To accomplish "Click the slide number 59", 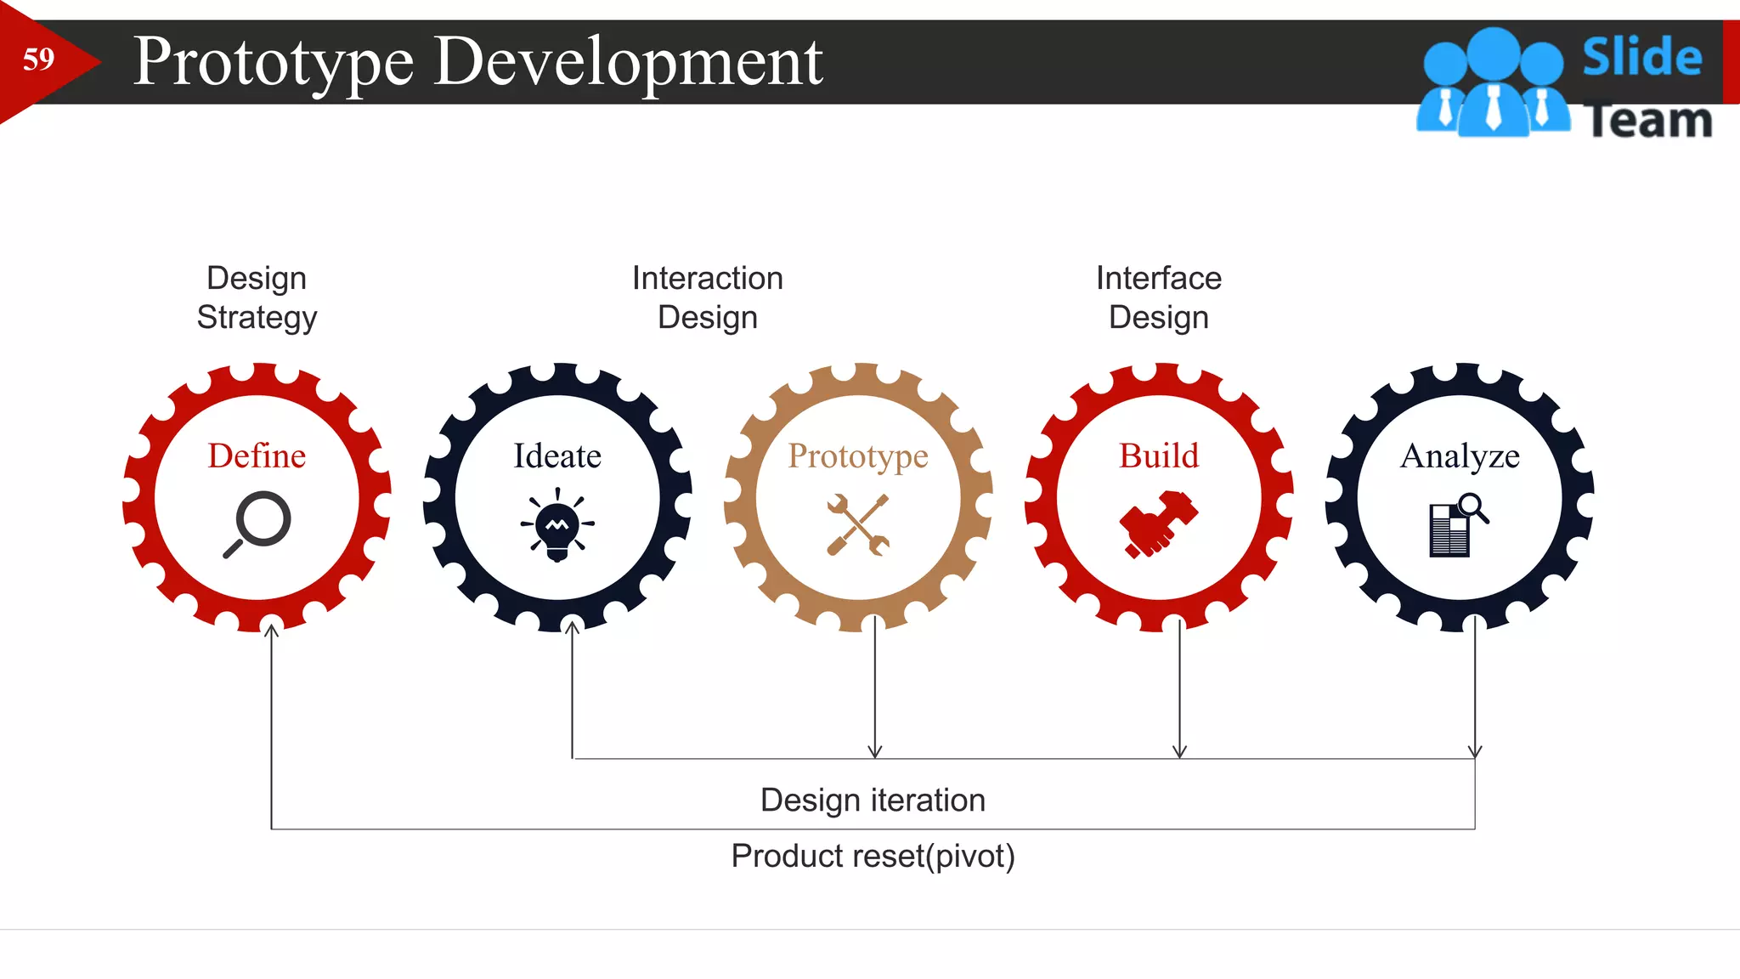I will click(x=38, y=59).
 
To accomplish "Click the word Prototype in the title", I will click(x=274, y=63).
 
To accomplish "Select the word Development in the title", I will click(x=628, y=63).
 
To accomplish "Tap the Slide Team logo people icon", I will click(x=1493, y=83).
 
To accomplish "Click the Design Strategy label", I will click(x=257, y=297).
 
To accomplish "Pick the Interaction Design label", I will click(x=707, y=297).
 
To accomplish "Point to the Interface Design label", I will click(x=1158, y=297).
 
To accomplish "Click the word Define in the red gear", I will click(x=257, y=456).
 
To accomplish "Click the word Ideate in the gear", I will click(x=557, y=456).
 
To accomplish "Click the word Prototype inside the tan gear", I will click(x=857, y=456).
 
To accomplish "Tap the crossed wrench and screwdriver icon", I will click(x=858, y=525).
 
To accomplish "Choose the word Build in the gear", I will click(x=1159, y=456).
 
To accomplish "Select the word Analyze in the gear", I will click(x=1460, y=456).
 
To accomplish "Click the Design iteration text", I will click(x=873, y=801).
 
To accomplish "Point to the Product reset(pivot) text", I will click(x=873, y=856).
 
